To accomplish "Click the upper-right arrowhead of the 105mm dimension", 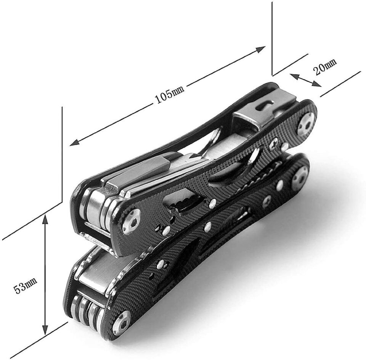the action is pos(260,49).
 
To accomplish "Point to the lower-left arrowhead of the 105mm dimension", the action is pos(75,143).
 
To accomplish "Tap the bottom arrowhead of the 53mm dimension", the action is pos(45,329).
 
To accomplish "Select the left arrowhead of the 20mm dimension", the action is pos(295,76).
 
